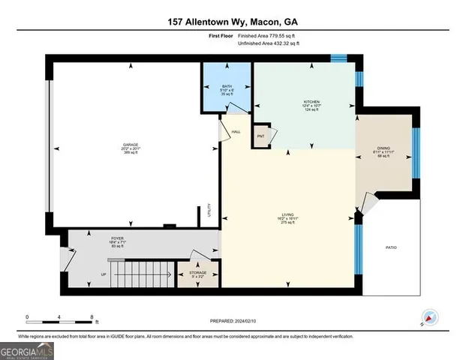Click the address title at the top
pyautogui.click(x=233, y=22)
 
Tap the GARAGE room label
pyautogui.click(x=131, y=144)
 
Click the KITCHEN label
pyautogui.click(x=312, y=101)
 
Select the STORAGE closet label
pyautogui.click(x=197, y=272)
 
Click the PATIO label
pyautogui.click(x=391, y=247)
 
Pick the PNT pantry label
pyautogui.click(x=260, y=136)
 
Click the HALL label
pyautogui.click(x=235, y=131)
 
